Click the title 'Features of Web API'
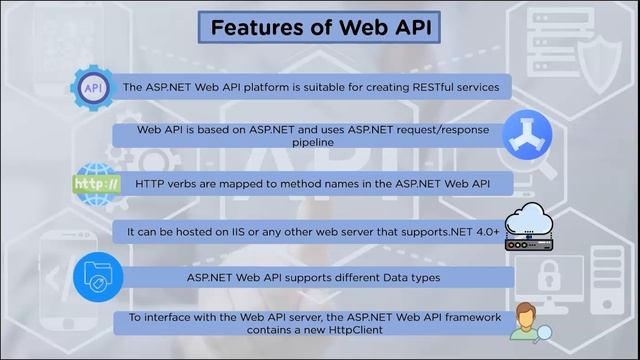319,27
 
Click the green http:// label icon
97,185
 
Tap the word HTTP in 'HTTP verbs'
149,183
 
